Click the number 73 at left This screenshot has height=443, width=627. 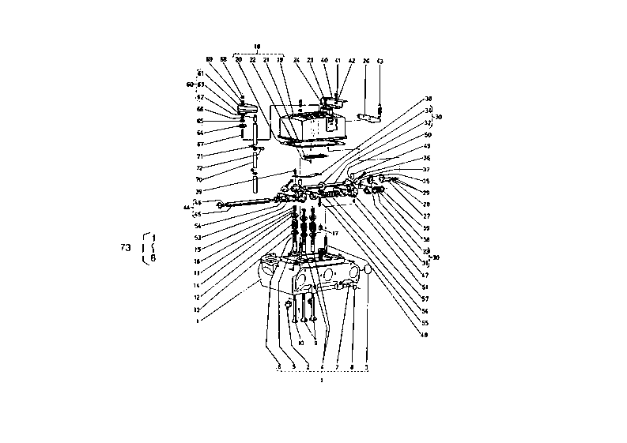tap(126, 248)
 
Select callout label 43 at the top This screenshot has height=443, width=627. tap(380, 61)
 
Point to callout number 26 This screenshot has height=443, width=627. tap(365, 61)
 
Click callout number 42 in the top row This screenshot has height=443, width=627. tap(351, 61)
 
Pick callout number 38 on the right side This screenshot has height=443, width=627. tap(429, 99)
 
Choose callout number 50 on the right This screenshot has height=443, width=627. tap(428, 135)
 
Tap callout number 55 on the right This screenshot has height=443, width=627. tap(425, 321)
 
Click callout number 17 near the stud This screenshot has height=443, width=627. tap(335, 234)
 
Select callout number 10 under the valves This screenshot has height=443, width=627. tap(300, 343)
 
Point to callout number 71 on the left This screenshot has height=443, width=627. tap(200, 156)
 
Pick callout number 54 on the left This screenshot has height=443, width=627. tap(198, 226)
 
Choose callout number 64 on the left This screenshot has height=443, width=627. tap(200, 133)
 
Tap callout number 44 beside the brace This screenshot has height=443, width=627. tap(187, 208)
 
